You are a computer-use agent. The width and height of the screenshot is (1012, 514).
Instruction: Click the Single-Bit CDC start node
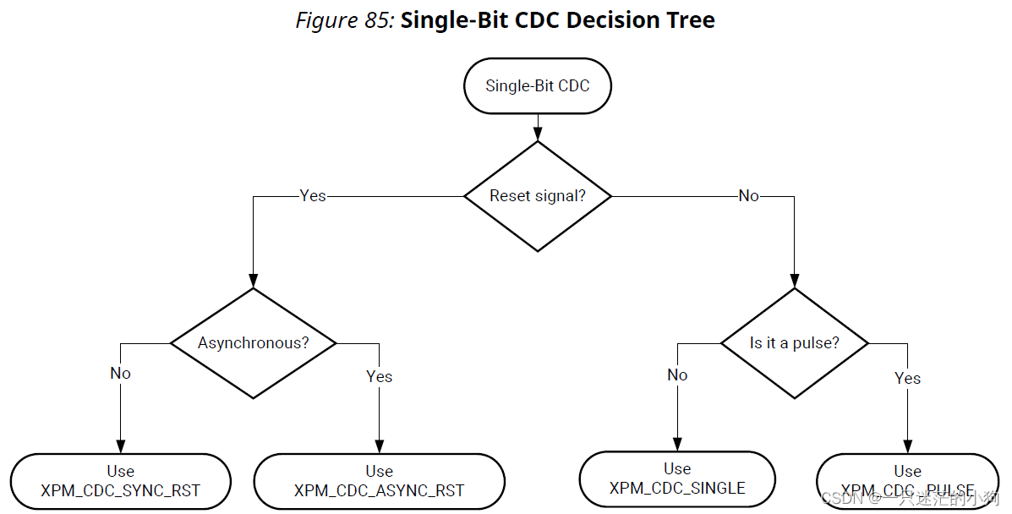(x=537, y=85)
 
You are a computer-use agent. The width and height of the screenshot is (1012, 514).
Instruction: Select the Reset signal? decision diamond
(x=538, y=196)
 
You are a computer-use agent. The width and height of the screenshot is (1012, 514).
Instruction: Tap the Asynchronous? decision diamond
(x=253, y=342)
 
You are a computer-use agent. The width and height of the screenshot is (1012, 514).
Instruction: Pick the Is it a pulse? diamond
(x=794, y=343)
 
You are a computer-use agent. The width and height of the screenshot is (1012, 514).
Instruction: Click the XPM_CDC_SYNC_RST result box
(x=120, y=481)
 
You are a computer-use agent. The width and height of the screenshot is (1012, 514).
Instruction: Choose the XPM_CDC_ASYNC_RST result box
(x=379, y=481)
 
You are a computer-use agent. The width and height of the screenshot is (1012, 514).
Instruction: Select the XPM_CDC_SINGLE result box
(x=677, y=478)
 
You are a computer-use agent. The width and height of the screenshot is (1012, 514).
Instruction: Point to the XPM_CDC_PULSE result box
(x=907, y=481)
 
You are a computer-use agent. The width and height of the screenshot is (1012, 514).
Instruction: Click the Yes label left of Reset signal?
(x=312, y=196)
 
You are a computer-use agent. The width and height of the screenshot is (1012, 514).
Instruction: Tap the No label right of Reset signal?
(x=748, y=196)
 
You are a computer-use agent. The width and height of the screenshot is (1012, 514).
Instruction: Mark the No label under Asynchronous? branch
(x=120, y=373)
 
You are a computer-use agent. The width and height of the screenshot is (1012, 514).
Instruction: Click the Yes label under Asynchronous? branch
(x=379, y=376)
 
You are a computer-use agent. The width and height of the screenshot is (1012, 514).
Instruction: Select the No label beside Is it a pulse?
(x=677, y=375)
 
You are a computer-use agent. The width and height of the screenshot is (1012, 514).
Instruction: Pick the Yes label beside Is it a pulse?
(x=907, y=378)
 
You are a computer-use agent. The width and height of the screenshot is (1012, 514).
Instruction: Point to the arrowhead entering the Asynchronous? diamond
(x=253, y=280)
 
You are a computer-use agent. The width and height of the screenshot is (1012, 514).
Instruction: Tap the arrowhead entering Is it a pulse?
(x=794, y=280)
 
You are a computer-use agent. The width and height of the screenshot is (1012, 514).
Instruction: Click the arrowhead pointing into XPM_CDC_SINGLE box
(x=677, y=444)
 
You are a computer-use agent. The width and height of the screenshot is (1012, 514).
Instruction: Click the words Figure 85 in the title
(x=344, y=20)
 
